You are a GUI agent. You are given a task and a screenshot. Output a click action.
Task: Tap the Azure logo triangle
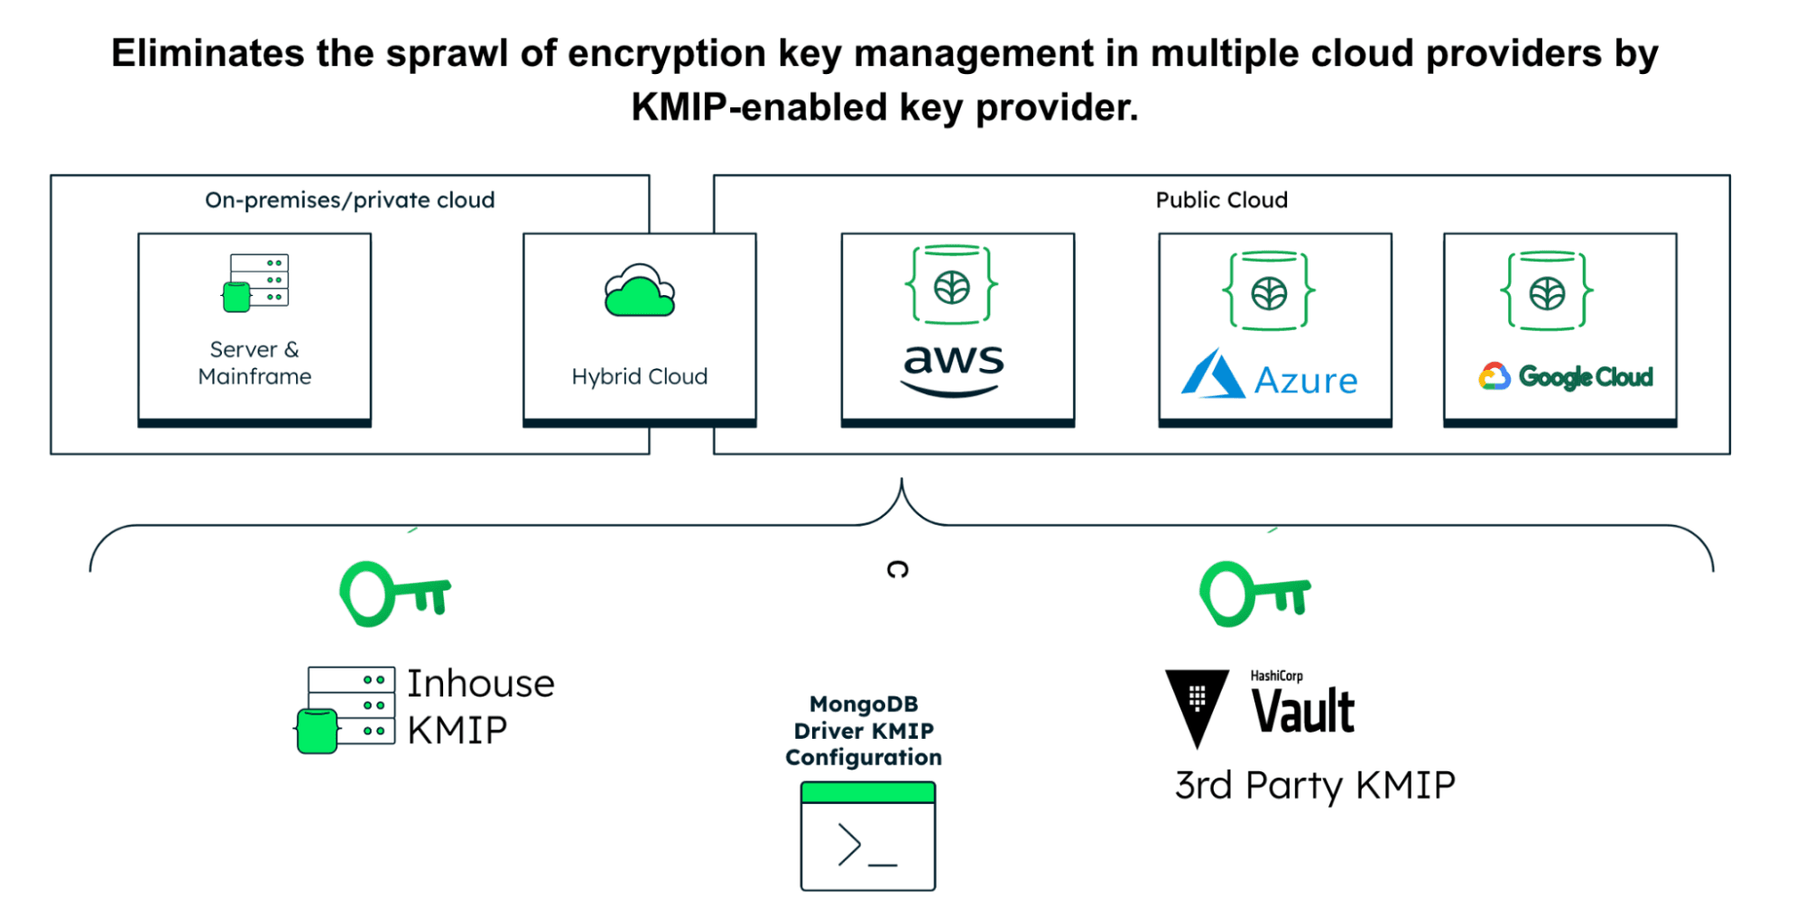click(1212, 374)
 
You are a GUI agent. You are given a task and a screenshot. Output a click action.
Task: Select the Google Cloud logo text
click(1585, 377)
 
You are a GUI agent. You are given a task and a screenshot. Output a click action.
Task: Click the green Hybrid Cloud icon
click(639, 291)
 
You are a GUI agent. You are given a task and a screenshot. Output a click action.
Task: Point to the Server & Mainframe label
click(254, 363)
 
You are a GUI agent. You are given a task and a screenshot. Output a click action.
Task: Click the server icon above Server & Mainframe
click(255, 282)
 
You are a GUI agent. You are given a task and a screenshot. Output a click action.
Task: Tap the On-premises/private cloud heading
click(349, 200)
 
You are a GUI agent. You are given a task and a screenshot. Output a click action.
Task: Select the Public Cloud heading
click(1221, 200)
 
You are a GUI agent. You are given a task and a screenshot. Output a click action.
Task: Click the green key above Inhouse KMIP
click(394, 594)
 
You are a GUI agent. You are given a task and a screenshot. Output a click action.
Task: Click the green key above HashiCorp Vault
click(1254, 594)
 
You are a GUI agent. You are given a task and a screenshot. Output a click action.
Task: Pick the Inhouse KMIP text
click(480, 706)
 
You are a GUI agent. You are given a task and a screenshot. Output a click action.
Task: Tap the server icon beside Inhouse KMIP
click(347, 709)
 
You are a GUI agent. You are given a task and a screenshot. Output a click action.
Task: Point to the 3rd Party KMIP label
click(1315, 786)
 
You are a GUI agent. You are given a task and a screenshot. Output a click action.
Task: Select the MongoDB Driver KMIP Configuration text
click(864, 731)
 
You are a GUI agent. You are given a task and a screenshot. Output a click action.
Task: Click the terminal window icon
click(867, 836)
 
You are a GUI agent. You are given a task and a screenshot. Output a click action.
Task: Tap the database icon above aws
click(952, 285)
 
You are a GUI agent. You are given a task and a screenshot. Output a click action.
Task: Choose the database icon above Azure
click(1269, 291)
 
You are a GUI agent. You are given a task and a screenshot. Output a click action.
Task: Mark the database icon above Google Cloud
click(1547, 291)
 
